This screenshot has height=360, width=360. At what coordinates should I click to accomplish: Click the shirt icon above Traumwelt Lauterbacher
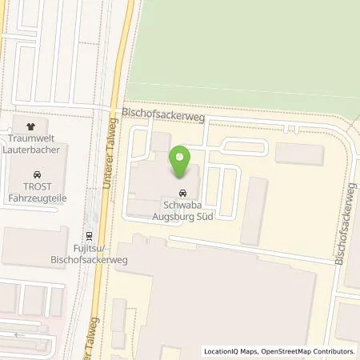pyautogui.click(x=31, y=126)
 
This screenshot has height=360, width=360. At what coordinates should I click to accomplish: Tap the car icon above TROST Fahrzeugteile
pyautogui.click(x=37, y=173)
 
